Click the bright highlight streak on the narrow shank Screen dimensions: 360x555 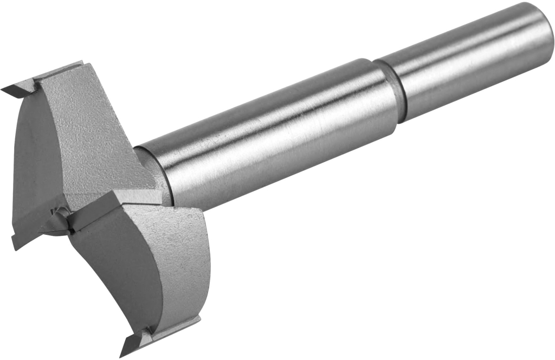[x=466, y=52]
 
